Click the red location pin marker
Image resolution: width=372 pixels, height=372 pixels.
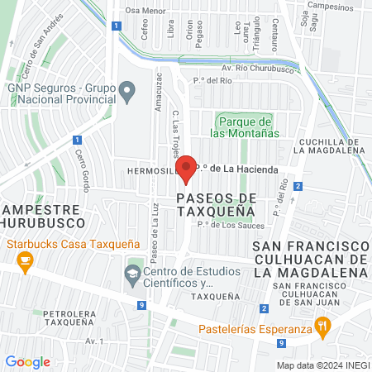click(187, 168)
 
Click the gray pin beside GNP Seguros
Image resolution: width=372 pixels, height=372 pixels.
click(126, 90)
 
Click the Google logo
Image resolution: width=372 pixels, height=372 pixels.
click(27, 362)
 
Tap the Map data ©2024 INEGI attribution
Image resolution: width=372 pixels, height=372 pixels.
click(322, 365)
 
